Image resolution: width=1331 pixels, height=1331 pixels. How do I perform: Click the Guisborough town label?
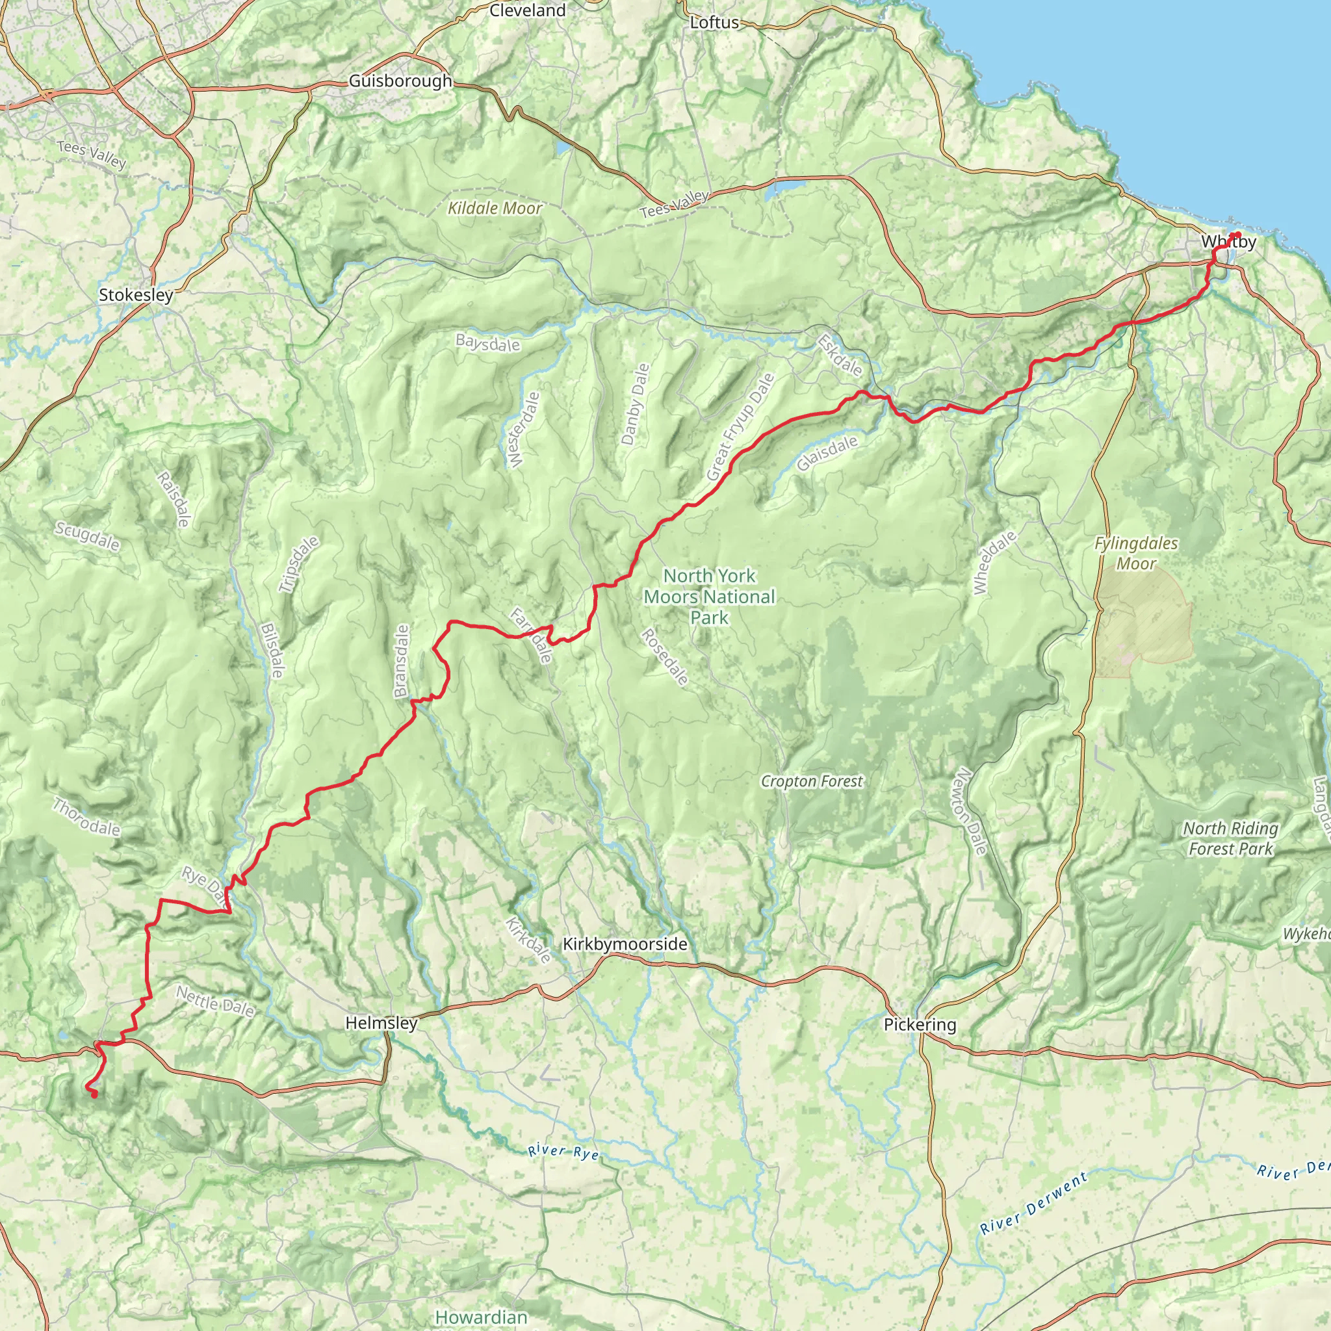pos(400,81)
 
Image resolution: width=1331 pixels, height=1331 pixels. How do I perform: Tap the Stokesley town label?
pos(136,295)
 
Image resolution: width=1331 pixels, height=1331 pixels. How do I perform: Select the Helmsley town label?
pos(381,1023)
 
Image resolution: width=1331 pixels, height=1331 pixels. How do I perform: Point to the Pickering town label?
pos(920,1024)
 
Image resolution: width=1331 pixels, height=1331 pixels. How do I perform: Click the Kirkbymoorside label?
pos(625,944)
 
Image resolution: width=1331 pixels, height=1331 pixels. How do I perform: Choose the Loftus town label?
pos(714,23)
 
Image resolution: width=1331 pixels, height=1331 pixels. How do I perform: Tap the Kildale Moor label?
pos(495,208)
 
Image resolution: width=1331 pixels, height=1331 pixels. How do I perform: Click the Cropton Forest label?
pos(812,781)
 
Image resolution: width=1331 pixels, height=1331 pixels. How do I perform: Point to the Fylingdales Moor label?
pos(1136,553)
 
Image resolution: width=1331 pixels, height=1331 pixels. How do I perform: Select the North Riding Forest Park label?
pos(1230,838)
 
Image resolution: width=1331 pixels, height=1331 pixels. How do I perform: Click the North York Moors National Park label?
pos(710,597)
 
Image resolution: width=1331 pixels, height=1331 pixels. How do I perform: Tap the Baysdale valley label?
pos(488,342)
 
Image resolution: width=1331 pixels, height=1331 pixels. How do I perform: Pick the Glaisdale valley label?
pos(827,454)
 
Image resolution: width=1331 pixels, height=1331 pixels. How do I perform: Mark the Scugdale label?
pos(88,536)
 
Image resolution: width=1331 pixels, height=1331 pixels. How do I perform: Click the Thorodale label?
pos(86,817)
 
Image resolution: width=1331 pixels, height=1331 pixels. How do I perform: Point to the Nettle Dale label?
pos(215,1001)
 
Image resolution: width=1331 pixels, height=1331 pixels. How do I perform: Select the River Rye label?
pos(563,1151)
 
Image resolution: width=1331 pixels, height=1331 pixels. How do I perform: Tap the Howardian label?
pos(481,1317)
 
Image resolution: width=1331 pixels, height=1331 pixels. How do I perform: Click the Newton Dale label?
pos(971,812)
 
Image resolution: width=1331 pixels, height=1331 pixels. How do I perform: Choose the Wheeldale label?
pos(994,562)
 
